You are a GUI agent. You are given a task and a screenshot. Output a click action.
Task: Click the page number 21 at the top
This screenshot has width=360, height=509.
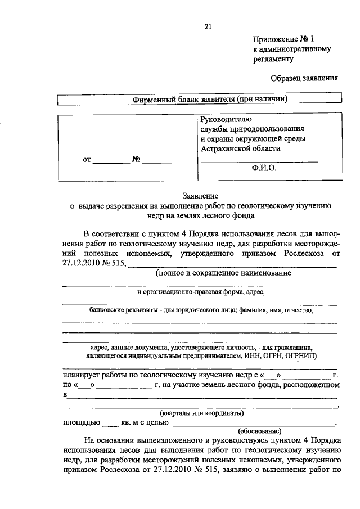[x=208, y=26]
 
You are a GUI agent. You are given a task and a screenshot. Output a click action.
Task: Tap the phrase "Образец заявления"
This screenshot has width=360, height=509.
[x=304, y=78]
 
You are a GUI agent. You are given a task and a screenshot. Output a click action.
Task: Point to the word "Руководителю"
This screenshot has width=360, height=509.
[x=226, y=119]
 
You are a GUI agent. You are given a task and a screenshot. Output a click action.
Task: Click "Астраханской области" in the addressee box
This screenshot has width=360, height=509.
[x=240, y=149]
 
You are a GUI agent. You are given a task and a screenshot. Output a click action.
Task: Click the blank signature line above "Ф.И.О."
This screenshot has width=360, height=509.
[x=259, y=161]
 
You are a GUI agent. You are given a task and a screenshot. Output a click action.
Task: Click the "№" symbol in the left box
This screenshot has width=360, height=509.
[x=136, y=159]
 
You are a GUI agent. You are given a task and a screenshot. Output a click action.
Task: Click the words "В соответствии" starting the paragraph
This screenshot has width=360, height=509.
[x=111, y=233]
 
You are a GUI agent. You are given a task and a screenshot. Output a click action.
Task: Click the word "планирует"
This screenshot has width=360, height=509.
[x=82, y=375]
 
